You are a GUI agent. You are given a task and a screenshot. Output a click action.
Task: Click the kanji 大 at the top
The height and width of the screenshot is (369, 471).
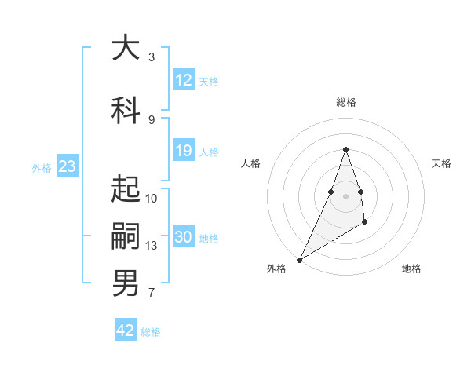pos(126,49)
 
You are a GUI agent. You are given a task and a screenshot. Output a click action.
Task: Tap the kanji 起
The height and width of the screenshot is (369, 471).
pos(126,188)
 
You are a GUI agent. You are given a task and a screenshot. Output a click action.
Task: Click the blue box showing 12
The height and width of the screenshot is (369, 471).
pos(184,80)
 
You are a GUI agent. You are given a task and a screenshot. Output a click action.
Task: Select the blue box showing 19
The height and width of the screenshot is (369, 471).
pos(184,151)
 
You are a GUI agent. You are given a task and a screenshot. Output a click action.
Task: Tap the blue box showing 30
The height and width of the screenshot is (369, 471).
pos(184,238)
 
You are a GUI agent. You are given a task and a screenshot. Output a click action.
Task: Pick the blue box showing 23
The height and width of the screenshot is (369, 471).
pos(67,166)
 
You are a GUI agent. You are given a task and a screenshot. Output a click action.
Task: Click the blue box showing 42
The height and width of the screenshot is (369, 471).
pos(126,331)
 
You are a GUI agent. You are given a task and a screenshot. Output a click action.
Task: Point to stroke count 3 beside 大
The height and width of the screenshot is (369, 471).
pos(152,57)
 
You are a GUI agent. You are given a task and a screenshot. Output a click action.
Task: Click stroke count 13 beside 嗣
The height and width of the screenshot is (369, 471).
pos(152,246)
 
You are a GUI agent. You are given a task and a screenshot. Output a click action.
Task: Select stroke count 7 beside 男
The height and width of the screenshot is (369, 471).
pos(152,294)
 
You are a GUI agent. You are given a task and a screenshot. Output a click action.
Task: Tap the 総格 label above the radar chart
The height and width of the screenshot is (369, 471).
pos(346,103)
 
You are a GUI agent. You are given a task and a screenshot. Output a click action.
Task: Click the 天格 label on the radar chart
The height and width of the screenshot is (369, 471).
pos(441,163)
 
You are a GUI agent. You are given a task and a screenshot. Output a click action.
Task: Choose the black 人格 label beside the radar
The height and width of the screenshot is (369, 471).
pos(251,163)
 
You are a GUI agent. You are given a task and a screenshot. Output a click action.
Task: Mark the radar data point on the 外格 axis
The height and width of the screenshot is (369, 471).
pos(299,259)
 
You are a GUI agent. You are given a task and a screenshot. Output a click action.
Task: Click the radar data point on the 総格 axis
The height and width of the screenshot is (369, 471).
pos(346,149)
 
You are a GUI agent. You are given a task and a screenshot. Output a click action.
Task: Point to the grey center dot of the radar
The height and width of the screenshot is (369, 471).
pos(346,195)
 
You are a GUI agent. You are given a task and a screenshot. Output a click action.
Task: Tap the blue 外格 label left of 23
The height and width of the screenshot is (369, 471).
pos(42,167)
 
